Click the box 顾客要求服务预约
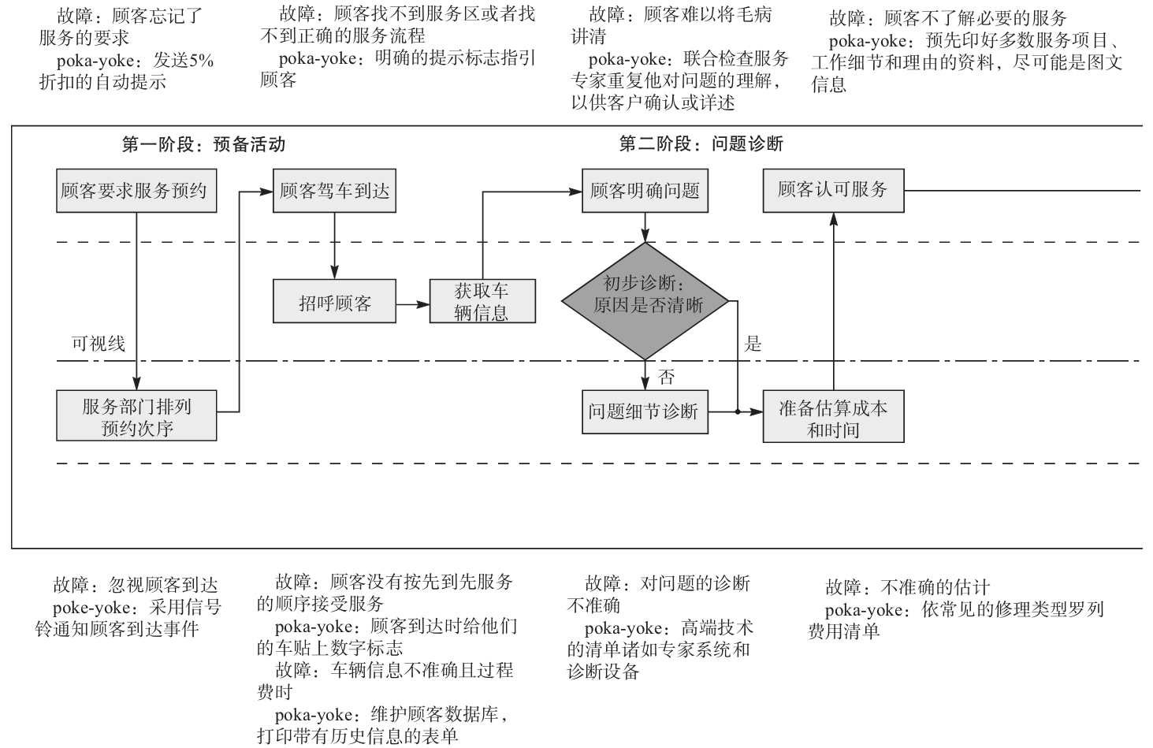(136, 191)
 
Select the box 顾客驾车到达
(334, 191)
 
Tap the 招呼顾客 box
(334, 302)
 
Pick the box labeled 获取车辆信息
(482, 302)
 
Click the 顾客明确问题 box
(645, 191)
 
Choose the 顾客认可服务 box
(833, 191)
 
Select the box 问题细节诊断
(645, 411)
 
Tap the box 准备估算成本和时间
(833, 417)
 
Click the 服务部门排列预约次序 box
(136, 416)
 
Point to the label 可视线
(99, 344)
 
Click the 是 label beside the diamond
(753, 344)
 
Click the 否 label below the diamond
(667, 377)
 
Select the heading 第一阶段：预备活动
(203, 144)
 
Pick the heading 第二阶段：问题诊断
(701, 143)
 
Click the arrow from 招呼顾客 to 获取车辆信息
(412, 303)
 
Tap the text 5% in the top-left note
(200, 60)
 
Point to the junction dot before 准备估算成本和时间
(738, 411)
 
